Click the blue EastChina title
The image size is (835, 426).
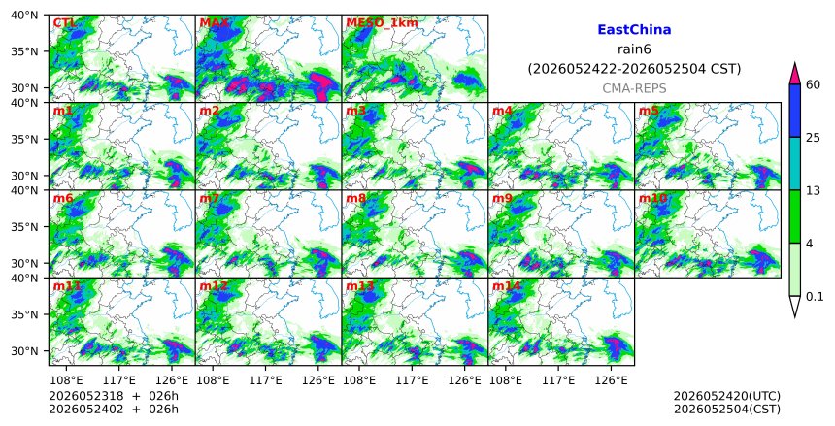[634, 30]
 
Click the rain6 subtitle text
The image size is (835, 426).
[634, 49]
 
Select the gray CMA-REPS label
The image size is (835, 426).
[634, 88]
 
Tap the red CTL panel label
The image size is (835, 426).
[64, 23]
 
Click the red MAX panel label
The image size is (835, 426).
[214, 23]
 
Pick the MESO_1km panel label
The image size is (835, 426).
[382, 23]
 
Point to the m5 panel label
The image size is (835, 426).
[649, 111]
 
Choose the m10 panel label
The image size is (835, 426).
[652, 199]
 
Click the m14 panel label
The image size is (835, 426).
[506, 286]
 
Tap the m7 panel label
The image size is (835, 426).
[210, 199]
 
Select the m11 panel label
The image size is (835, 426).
[67, 286]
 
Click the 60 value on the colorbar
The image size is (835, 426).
[814, 84]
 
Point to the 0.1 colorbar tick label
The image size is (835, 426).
[815, 297]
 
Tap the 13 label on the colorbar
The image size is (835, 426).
[813, 190]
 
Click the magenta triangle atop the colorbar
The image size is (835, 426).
[795, 74]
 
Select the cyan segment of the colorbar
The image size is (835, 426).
[795, 163]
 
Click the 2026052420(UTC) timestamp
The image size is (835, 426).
[727, 396]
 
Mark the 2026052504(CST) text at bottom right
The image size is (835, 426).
[727, 410]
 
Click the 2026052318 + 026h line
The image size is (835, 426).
[114, 396]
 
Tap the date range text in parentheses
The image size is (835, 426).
[634, 69]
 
